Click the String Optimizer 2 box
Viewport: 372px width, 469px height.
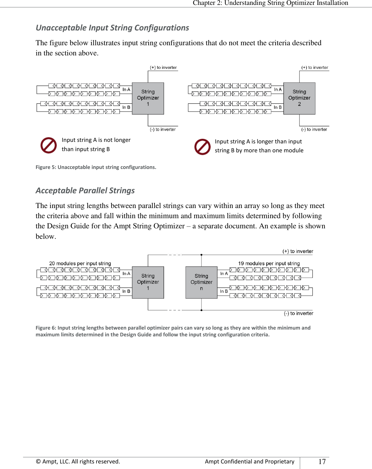(299, 98)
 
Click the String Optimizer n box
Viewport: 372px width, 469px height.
(201, 282)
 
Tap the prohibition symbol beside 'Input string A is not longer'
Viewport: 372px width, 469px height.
(49, 145)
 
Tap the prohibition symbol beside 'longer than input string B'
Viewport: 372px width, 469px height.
(202, 147)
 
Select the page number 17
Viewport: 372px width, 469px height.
(322, 462)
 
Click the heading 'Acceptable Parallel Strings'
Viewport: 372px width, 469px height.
(85, 190)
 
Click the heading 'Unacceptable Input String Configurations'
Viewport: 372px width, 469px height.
(112, 28)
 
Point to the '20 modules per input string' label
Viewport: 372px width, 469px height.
(80, 263)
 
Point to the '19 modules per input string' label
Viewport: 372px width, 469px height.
(269, 263)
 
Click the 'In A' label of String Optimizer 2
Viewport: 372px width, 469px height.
(278, 90)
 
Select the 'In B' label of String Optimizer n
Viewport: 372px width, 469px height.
(224, 291)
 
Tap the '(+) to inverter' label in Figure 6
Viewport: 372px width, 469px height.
(298, 251)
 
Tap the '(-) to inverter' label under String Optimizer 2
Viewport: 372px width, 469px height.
(314, 130)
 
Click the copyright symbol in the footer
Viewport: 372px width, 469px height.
(38, 462)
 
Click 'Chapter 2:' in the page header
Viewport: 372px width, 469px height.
(207, 3)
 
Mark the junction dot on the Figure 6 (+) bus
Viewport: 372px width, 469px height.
(202, 255)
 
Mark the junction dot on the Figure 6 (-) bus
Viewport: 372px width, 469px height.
(202, 310)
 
